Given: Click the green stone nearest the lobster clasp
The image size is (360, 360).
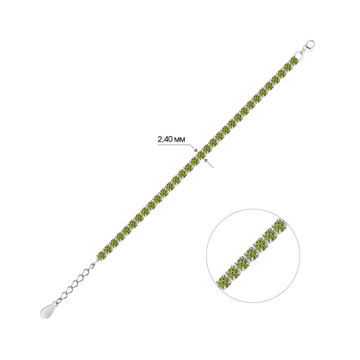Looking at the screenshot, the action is (x=293, y=62).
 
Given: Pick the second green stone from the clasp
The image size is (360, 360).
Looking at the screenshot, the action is (x=287, y=68).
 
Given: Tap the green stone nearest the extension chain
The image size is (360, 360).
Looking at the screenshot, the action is (x=101, y=256).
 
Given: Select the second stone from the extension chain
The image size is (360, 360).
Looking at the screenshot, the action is (x=107, y=249).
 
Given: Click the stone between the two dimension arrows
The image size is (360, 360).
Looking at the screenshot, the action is (x=201, y=155).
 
